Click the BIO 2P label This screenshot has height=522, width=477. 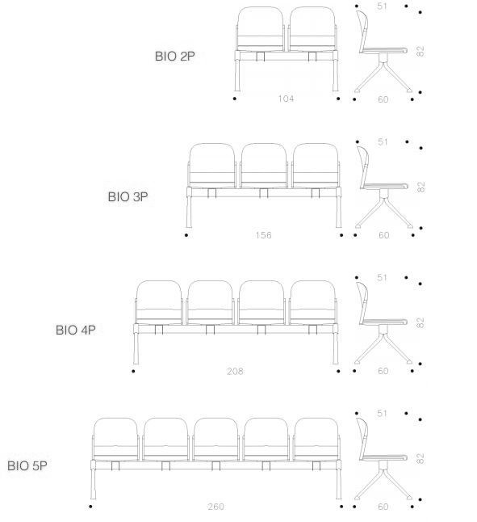click(175, 56)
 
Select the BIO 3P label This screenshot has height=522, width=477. click(128, 196)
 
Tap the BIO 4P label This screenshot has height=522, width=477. click(75, 330)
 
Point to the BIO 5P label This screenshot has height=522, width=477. click(27, 465)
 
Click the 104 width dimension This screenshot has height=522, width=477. click(286, 99)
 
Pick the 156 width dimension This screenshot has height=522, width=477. click(263, 235)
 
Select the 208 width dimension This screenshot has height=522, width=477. click(235, 371)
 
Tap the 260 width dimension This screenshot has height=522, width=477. click(215, 507)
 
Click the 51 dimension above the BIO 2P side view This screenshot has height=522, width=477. click(382, 6)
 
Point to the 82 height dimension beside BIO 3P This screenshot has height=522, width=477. click(421, 187)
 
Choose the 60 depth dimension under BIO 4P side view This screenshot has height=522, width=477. click(383, 371)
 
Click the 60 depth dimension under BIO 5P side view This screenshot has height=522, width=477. click(383, 507)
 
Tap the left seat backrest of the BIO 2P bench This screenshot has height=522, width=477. click(261, 28)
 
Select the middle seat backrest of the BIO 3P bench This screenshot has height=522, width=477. click(264, 165)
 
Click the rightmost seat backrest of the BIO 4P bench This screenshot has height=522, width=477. click(313, 302)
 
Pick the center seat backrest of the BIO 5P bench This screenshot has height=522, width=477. click(215, 439)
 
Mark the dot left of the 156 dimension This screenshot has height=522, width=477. click(186, 235)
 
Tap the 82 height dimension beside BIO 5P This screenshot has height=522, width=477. click(421, 458)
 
